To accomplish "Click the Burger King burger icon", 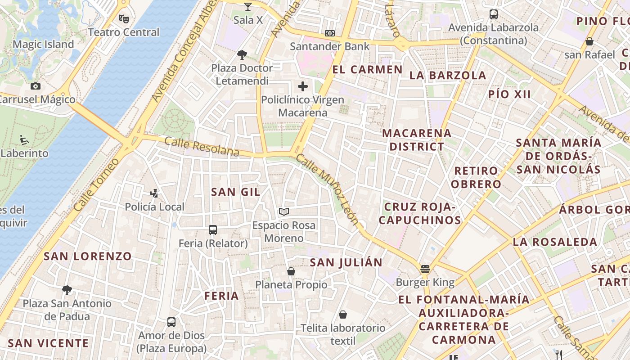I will pos(425,269).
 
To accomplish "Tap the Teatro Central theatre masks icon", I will pos(124,18).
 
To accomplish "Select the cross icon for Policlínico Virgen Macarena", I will pos(303,86).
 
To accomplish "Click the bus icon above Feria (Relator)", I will pos(213,230).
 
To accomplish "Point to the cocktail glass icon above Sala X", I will pos(248,6).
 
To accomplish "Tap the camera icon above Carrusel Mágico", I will pos(36,86).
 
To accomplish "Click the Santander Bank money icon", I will pos(330,33).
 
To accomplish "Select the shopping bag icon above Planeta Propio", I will pos(291,271).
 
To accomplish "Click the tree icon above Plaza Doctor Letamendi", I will pos(242,55).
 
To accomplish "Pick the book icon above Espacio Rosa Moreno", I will pos(283,211).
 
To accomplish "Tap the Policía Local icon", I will pos(154,193).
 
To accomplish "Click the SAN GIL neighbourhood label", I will pos(236,192).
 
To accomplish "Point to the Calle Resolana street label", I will pos(202,147).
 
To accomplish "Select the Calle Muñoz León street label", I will pos(327,189).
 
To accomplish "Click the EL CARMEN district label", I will pos(367,69).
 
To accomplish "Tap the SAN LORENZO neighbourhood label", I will pos(87,256).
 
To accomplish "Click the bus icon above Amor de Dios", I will pos(171,322).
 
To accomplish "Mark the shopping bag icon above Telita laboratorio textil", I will pos(343,315).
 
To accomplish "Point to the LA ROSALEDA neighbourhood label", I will pos(555,242).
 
